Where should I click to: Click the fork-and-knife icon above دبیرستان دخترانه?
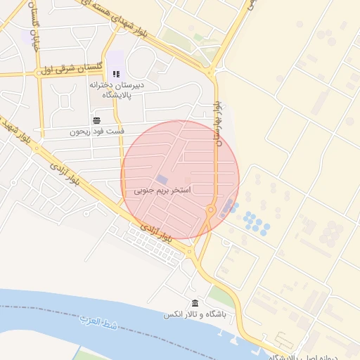(117, 74)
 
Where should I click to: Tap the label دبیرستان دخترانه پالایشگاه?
(117, 89)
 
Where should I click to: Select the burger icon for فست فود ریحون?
(96, 120)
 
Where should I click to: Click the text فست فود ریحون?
(97, 131)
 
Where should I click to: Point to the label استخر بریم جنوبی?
(162, 191)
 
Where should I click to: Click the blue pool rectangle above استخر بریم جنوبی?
(162, 180)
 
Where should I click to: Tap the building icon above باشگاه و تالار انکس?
(195, 303)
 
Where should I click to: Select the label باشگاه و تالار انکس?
(194, 314)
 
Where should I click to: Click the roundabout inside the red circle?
(210, 210)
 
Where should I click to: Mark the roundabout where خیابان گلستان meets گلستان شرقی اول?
(38, 72)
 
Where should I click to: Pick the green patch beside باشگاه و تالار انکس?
(219, 295)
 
